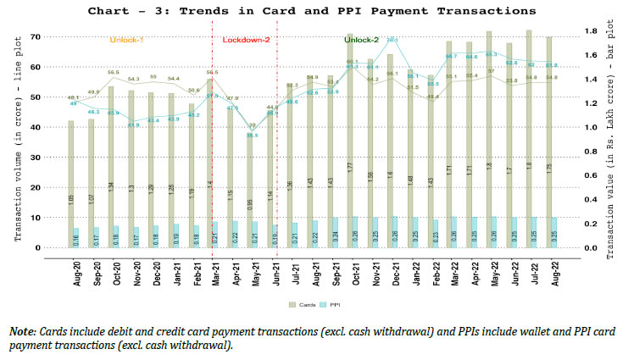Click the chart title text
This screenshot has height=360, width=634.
click(316, 11)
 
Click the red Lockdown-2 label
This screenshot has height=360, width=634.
click(246, 40)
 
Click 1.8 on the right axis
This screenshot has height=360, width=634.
click(588, 30)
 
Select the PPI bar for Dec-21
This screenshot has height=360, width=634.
click(394, 232)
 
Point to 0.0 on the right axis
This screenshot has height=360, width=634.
click(588, 248)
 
